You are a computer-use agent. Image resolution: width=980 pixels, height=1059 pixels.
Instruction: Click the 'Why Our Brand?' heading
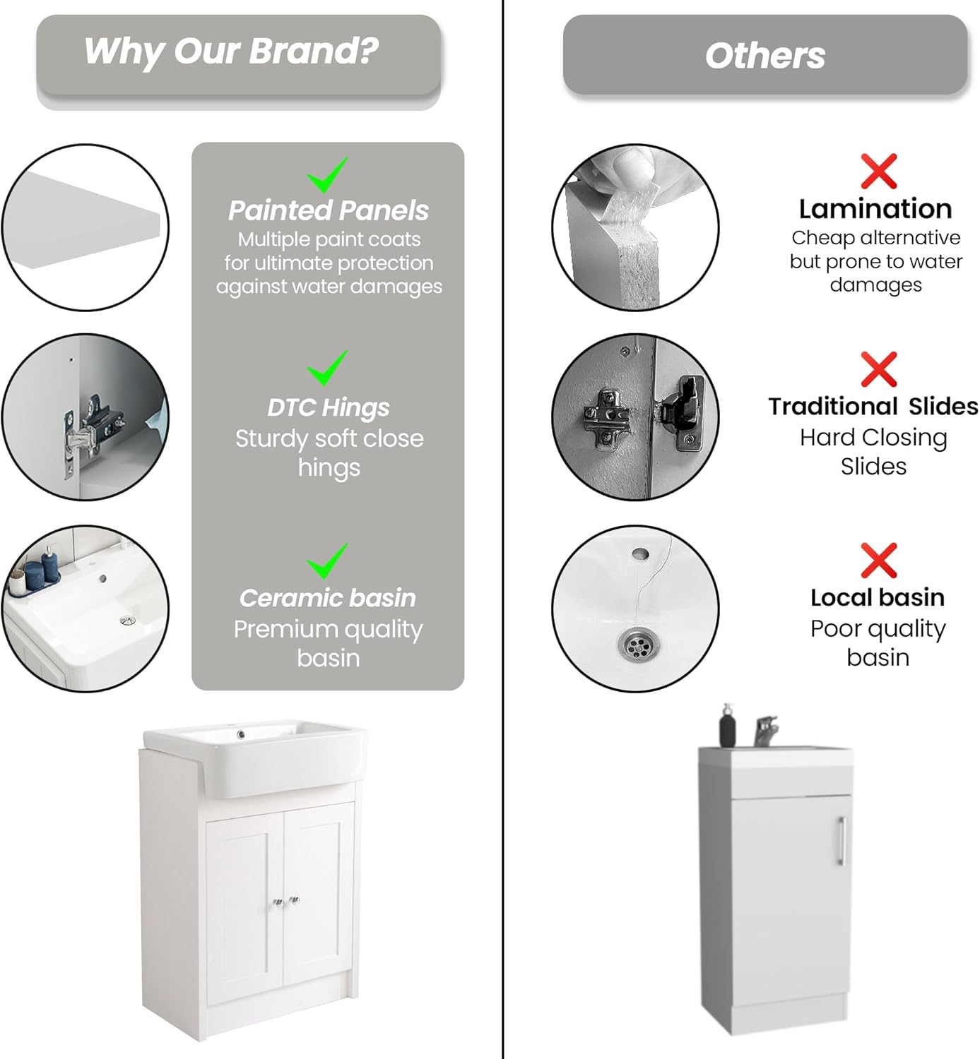(230, 52)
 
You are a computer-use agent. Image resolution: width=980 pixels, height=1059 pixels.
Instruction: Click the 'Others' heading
(764, 55)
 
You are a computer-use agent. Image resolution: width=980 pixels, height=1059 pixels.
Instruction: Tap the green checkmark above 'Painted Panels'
(326, 176)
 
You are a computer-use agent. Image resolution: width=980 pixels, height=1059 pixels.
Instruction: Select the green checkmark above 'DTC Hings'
(326, 368)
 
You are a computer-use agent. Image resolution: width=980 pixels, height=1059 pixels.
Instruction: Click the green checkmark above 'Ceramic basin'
(326, 561)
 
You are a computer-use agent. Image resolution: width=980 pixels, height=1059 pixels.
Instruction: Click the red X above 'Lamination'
(878, 172)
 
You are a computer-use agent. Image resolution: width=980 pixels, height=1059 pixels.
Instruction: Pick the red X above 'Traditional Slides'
(878, 369)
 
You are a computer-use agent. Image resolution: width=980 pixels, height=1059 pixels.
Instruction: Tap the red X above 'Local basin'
(878, 561)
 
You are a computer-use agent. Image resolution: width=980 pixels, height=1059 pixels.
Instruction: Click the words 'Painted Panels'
(328, 210)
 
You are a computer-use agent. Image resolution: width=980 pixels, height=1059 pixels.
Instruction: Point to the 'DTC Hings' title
(328, 407)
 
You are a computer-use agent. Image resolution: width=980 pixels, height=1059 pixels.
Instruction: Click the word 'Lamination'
(875, 209)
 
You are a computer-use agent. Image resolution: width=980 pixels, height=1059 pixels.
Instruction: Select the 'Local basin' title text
(877, 597)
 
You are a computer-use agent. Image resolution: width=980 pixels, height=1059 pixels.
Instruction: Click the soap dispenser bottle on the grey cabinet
(728, 726)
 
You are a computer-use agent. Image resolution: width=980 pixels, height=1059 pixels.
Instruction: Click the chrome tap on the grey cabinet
(765, 731)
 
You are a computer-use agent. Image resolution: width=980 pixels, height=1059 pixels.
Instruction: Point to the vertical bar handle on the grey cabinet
(841, 841)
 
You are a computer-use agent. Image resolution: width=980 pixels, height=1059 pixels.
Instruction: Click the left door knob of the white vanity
(278, 902)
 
